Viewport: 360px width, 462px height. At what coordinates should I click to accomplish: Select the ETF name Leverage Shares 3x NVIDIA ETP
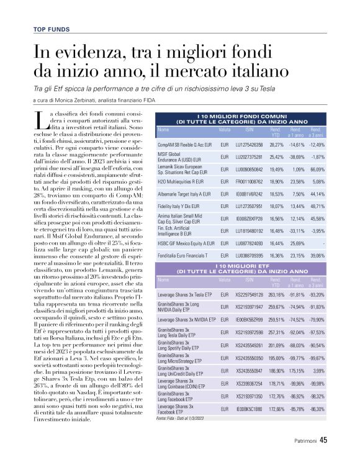187,319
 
